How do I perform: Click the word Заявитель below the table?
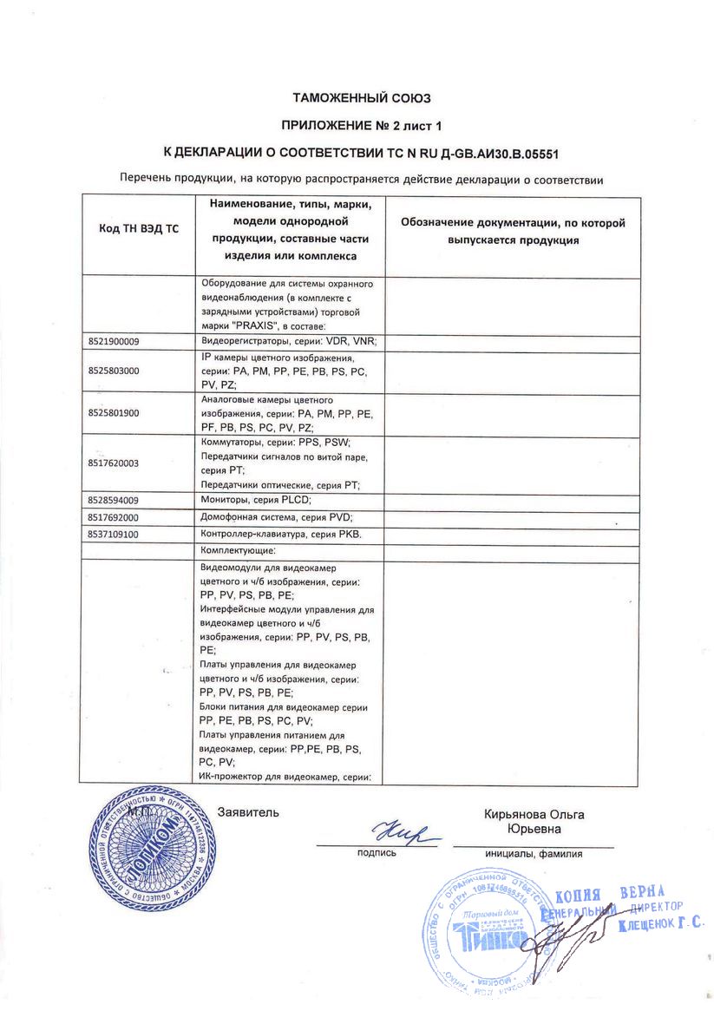pyautogui.click(x=249, y=813)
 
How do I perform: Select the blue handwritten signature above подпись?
pyautogui.click(x=401, y=835)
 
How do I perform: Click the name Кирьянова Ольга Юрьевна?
pyautogui.click(x=534, y=821)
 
